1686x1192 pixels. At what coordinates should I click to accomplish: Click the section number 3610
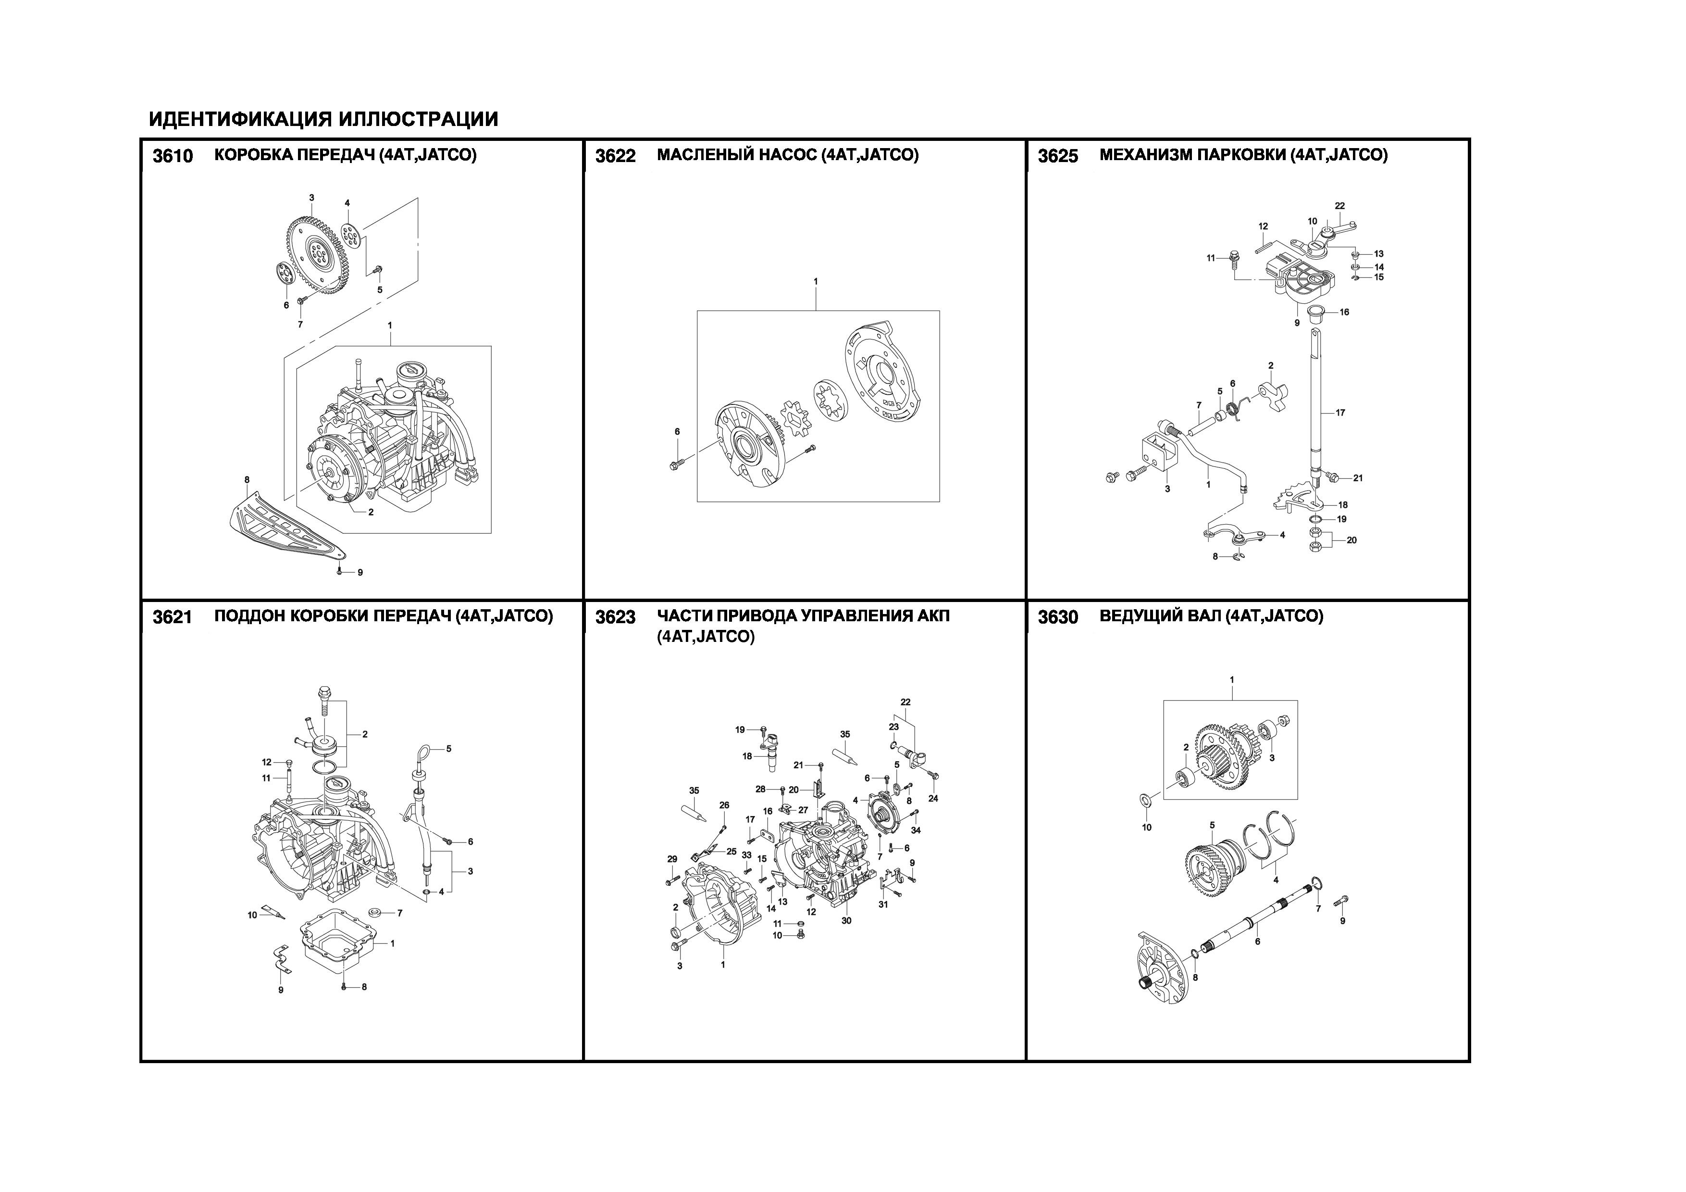[x=173, y=156]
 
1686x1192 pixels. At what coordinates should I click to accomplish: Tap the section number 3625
[x=1058, y=156]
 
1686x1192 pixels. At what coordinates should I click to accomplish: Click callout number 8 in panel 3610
[x=247, y=479]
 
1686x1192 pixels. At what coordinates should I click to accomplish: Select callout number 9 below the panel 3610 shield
[x=360, y=572]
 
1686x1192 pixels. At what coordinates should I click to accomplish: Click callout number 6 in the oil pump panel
[x=677, y=431]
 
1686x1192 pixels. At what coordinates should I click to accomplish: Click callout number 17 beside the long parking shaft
[x=1340, y=413]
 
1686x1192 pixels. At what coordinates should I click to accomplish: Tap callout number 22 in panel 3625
[x=1340, y=206]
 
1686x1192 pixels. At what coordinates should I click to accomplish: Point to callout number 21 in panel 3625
[x=1358, y=478]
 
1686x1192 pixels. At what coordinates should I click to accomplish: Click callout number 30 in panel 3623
[x=846, y=920]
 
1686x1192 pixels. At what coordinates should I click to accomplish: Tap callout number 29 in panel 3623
[x=672, y=859]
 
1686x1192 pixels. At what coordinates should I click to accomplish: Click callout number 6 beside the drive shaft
[x=1257, y=941]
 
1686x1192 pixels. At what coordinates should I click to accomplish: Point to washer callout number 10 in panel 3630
[x=1146, y=827]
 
